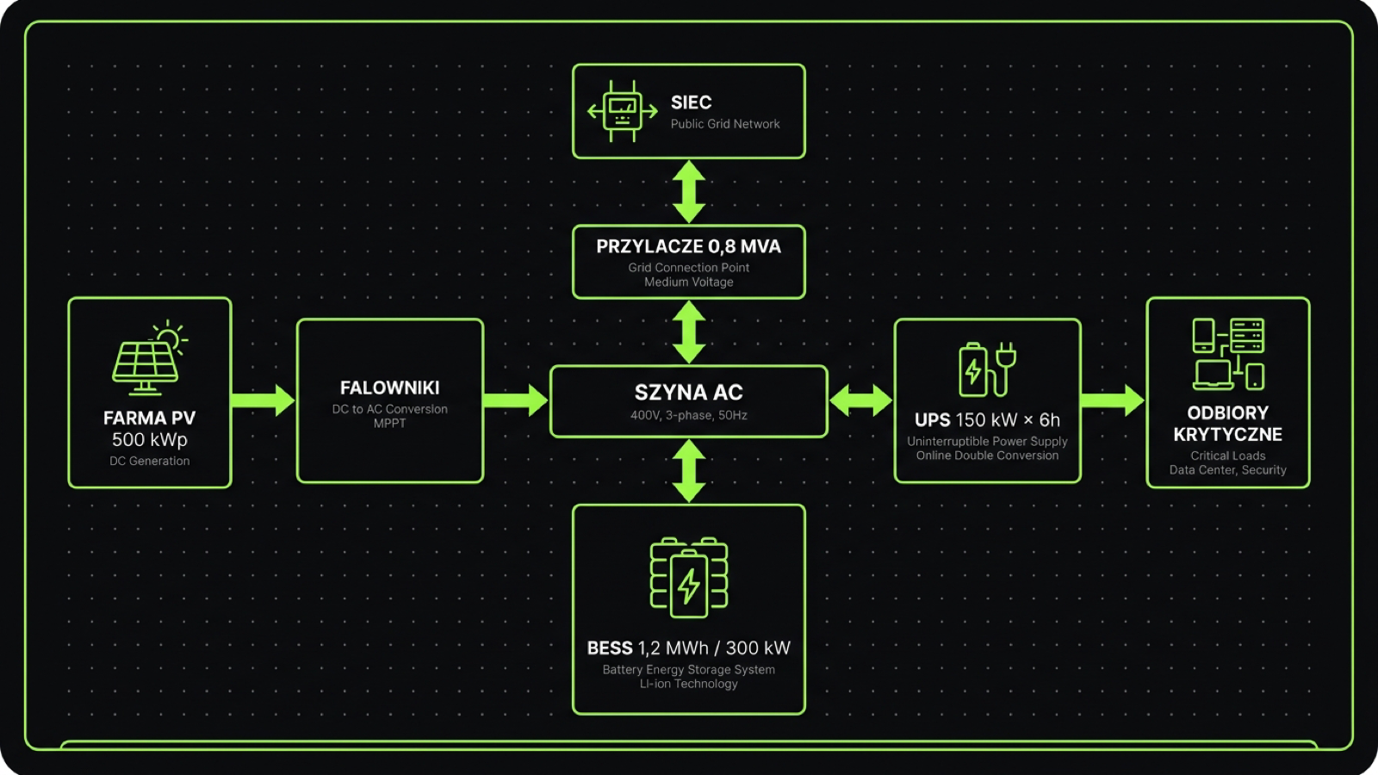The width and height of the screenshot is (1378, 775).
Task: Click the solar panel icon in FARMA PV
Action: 148,358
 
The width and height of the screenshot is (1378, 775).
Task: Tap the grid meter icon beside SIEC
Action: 622,111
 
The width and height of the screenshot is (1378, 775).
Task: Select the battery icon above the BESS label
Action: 688,577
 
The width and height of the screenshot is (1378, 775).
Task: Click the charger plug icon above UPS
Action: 987,369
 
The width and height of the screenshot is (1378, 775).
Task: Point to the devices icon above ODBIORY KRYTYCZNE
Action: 1227,353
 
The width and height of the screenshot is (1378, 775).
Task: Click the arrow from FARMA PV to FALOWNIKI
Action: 263,400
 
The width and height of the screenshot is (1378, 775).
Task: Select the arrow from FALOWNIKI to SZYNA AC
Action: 515,400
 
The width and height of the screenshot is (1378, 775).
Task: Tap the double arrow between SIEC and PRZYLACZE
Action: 688,191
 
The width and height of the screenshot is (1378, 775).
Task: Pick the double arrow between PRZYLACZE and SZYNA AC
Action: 688,332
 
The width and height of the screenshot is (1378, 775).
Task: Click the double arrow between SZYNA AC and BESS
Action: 688,470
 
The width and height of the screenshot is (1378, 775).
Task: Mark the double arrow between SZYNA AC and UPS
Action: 860,400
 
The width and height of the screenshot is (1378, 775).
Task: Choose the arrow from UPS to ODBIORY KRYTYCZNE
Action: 1113,400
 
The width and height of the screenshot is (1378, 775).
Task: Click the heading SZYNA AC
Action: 688,393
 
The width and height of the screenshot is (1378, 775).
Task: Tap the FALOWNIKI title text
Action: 389,388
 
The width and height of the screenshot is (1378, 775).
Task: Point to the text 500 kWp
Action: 149,440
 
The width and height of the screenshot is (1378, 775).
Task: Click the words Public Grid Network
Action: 725,124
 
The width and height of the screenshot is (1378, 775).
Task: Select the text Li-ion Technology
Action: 688,684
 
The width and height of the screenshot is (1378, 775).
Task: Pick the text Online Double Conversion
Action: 987,456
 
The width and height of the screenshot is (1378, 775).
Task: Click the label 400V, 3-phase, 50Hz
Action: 688,415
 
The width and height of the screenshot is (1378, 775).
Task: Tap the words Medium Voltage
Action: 688,282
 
